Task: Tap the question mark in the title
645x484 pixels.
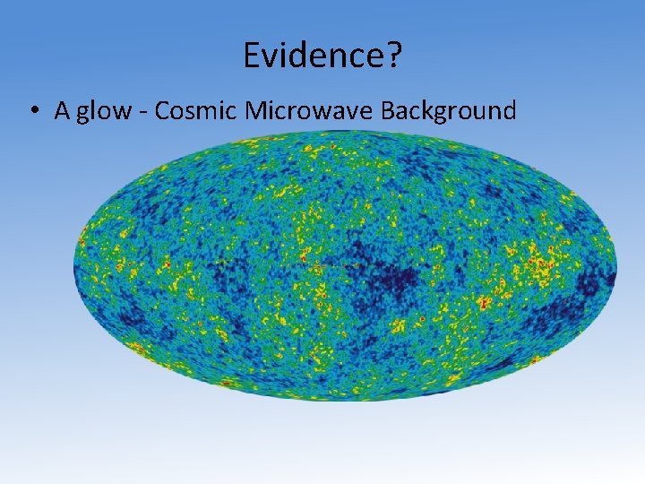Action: tap(395, 57)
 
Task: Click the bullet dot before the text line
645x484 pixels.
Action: tap(32, 111)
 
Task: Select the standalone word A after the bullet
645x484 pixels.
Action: tap(62, 110)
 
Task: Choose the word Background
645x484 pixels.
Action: tap(449, 111)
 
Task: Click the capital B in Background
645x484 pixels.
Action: tap(388, 110)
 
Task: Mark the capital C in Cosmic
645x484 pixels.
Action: tap(161, 110)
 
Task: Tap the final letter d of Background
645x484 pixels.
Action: tap(510, 110)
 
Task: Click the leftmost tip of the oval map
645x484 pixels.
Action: tap(74, 267)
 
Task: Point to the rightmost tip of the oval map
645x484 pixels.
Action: tap(616, 267)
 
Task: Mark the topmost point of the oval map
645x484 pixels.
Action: tap(345, 133)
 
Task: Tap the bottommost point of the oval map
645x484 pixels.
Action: tap(345, 401)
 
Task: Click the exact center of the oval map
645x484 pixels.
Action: tap(345, 267)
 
